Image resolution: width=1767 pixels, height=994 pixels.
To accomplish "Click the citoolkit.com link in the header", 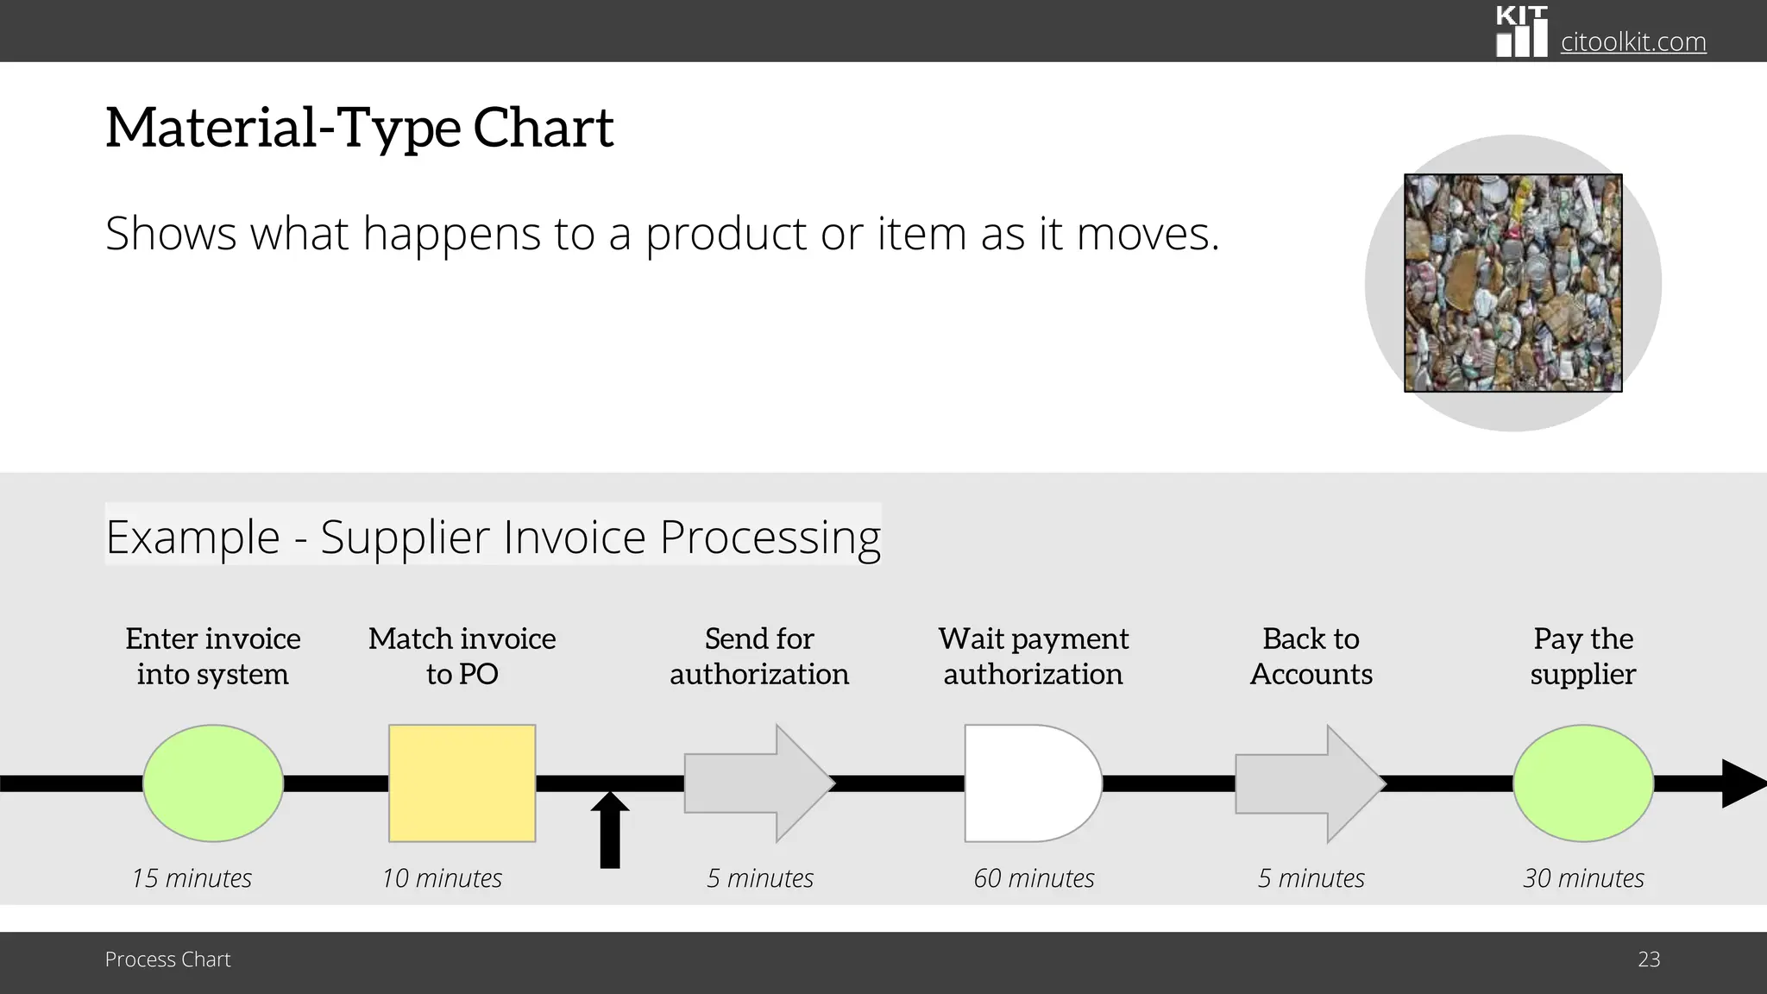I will tap(1632, 41).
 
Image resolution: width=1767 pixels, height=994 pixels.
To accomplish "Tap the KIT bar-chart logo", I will tap(1521, 33).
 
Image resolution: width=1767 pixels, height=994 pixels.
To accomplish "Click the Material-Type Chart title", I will tap(359, 128).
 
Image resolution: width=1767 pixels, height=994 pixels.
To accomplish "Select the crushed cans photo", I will tap(1512, 283).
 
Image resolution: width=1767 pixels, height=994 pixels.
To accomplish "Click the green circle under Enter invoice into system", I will tap(213, 783).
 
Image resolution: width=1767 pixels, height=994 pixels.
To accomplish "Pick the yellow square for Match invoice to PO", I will tap(462, 783).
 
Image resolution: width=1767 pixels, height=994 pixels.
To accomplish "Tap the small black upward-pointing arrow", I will tap(610, 829).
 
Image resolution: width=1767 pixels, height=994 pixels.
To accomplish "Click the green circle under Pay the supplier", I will tap(1583, 783).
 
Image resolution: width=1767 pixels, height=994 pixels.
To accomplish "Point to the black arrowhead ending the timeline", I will tap(1743, 783).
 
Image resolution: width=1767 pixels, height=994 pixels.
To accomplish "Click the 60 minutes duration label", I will tap(1034, 878).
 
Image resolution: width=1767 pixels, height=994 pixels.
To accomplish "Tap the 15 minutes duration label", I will tap(192, 878).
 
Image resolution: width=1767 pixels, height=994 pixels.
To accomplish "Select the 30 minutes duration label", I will tap(1583, 878).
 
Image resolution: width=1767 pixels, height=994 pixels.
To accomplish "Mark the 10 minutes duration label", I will tap(442, 878).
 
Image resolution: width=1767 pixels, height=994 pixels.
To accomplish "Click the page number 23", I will tap(1649, 959).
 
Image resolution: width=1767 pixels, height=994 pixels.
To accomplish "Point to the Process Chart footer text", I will tap(167, 959).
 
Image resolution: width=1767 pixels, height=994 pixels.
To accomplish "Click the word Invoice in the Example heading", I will tap(575, 537).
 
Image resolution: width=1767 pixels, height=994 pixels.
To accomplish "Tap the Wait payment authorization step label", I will tap(1034, 656).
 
